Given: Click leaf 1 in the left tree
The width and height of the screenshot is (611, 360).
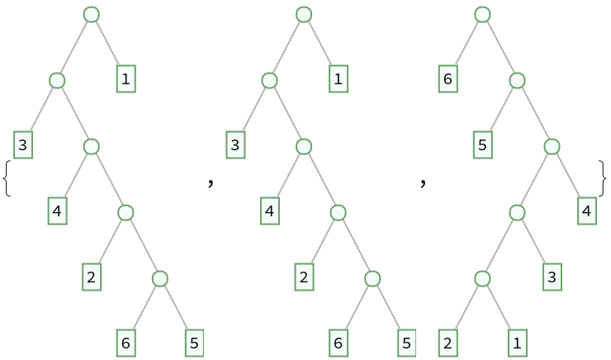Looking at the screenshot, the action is tap(126, 79).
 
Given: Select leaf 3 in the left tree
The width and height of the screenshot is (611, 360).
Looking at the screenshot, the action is tap(23, 145).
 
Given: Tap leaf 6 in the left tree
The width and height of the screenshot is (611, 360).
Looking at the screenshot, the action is tap(126, 343).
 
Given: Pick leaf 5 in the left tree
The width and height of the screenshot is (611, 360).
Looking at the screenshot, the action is tap(194, 343).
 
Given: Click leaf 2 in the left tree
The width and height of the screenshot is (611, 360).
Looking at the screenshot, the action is tap(92, 277).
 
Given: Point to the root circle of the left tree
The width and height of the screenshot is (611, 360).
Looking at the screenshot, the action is tap(92, 14).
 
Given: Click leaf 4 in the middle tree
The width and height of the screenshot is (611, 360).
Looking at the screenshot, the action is tap(270, 211).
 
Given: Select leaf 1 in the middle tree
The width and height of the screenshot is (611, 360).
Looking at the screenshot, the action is tap(339, 79).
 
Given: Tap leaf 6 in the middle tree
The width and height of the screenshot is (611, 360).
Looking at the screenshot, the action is tap(339, 343).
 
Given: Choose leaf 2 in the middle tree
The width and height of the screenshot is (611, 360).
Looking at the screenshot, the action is tap(304, 277).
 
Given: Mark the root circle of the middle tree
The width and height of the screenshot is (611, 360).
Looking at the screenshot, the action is tap(304, 14).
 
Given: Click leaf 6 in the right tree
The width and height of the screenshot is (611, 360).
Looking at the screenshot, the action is tap(448, 79).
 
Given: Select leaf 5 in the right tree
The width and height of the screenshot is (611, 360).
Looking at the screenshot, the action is tap(483, 145).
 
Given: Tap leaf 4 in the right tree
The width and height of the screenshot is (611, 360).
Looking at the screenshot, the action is tap(587, 211).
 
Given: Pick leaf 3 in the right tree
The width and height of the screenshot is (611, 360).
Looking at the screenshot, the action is tap(552, 277).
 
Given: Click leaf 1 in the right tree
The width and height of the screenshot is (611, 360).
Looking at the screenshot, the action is tap(518, 343).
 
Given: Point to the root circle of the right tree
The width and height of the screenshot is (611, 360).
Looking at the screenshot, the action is tap(482, 14).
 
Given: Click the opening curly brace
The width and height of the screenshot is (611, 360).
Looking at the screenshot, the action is tap(7, 178).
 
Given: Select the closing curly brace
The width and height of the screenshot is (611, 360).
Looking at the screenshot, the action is tap(603, 178).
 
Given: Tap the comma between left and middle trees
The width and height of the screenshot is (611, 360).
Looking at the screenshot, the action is tap(211, 182).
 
